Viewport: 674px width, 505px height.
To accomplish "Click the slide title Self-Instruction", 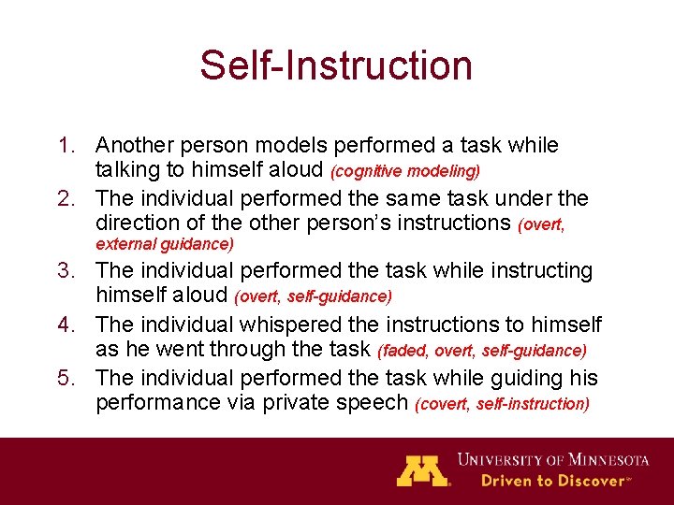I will coord(336,65).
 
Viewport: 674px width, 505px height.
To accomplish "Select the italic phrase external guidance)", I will coord(165,244).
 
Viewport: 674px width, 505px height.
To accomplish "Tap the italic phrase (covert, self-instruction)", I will coord(502,404).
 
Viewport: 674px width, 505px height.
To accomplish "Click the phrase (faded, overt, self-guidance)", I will coord(482,351).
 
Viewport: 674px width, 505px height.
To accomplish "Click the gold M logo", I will coord(422,470).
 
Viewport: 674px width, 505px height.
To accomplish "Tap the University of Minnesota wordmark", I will coord(553,460).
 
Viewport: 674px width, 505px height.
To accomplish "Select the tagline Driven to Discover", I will coord(552,481).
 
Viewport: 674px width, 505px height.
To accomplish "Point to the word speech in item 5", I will coord(376,403).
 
